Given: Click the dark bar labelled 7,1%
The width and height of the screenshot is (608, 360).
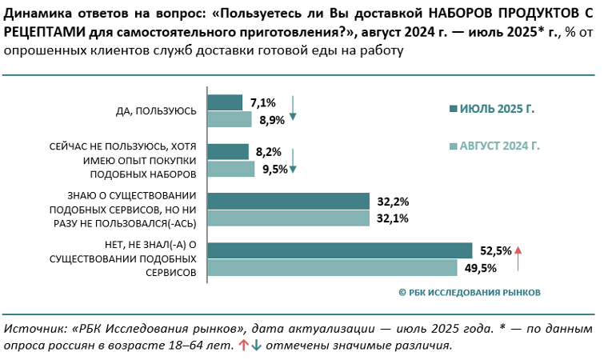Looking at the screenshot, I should [x=225, y=102].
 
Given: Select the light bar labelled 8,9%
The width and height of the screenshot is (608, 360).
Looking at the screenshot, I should [x=230, y=119].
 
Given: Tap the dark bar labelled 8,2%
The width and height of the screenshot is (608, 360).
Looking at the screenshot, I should [x=228, y=151].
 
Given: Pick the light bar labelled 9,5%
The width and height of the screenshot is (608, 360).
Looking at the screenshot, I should [x=231, y=169].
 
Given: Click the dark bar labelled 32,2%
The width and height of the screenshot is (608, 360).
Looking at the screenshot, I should [x=288, y=201].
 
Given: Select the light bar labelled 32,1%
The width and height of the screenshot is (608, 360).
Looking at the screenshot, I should [x=288, y=218].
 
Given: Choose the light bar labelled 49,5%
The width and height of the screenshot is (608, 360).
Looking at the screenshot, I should [x=332, y=267].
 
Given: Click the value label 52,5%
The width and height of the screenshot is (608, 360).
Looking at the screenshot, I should [x=496, y=251].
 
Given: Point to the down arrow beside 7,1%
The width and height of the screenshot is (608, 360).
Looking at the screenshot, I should [x=293, y=109].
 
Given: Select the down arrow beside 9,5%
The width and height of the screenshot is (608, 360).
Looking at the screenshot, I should [x=293, y=160].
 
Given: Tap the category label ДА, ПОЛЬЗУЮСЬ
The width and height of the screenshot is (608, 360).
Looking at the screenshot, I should [x=157, y=111].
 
